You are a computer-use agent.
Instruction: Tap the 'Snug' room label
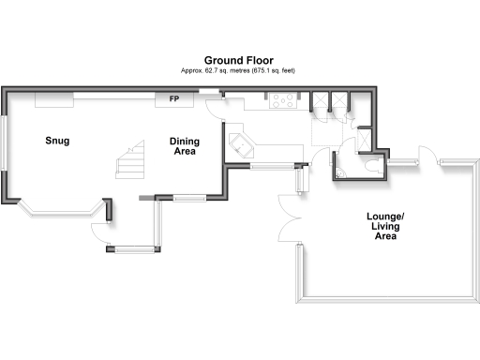point(59,142)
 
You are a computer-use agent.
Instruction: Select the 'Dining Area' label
point(183,146)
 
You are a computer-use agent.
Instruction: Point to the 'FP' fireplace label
point(174,98)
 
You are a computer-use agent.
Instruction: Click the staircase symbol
point(130,160)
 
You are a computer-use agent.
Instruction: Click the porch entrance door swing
point(99,228)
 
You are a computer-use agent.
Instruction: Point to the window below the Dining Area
point(191,197)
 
